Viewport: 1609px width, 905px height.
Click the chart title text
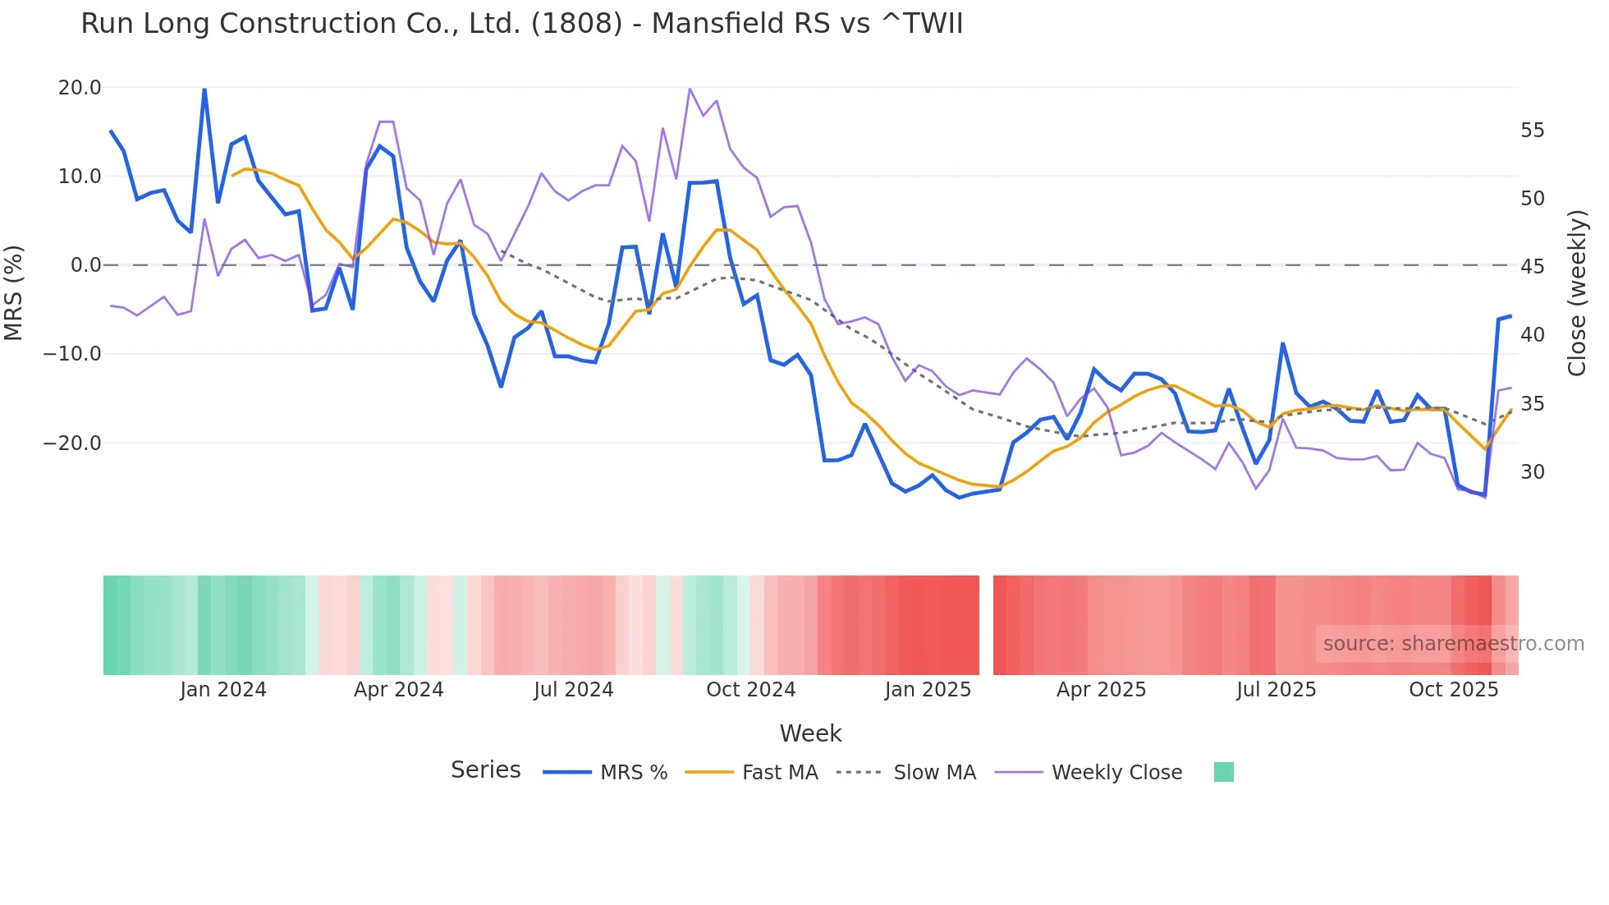pyautogui.click(x=521, y=24)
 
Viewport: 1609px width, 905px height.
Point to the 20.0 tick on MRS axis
pyautogui.click(x=80, y=88)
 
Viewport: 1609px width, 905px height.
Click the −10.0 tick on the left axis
pyautogui.click(x=72, y=354)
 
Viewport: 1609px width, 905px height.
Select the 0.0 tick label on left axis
pyautogui.click(x=85, y=265)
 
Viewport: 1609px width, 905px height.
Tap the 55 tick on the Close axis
pyautogui.click(x=1532, y=131)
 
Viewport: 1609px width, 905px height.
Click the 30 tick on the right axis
pyautogui.click(x=1532, y=472)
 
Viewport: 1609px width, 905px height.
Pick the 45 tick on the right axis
pyautogui.click(x=1532, y=267)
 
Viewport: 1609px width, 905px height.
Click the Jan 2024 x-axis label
pyautogui.click(x=223, y=690)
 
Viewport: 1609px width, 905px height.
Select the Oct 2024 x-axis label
pyautogui.click(x=750, y=690)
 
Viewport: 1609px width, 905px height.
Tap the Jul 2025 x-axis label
pyautogui.click(x=1276, y=690)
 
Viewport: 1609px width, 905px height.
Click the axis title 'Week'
pyautogui.click(x=810, y=733)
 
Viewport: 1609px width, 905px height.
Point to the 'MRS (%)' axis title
pyautogui.click(x=14, y=293)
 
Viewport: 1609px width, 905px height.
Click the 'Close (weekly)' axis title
pyautogui.click(x=1576, y=293)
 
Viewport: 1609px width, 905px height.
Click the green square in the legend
pyautogui.click(x=1223, y=772)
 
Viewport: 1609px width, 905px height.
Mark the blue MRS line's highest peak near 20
pyautogui.click(x=204, y=89)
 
